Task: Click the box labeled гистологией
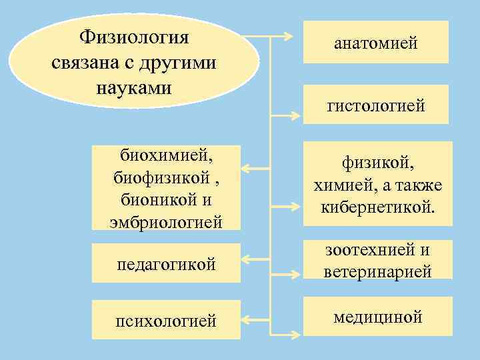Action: click(x=376, y=105)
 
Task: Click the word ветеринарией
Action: click(x=377, y=272)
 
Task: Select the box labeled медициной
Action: click(x=377, y=317)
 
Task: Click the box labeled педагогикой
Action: click(x=166, y=264)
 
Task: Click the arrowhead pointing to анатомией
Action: click(x=295, y=36)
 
